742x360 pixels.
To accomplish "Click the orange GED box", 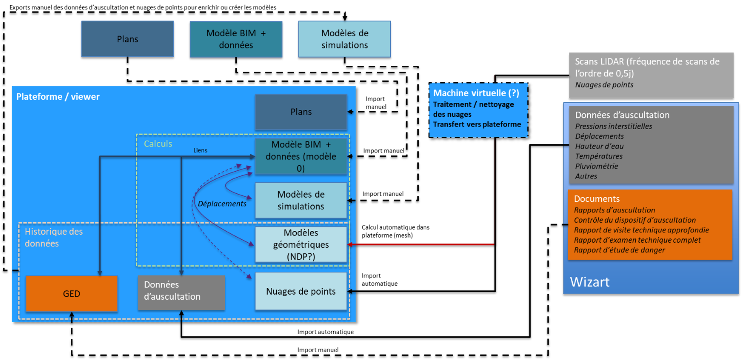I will click(72, 294).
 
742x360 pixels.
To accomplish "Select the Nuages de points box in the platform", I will click(301, 291).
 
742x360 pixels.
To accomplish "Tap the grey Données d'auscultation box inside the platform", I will click(181, 292).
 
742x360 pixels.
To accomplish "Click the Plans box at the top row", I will click(128, 39).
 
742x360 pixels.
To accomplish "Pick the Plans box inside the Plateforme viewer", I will click(301, 112).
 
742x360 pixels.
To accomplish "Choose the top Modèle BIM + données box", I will click(236, 39).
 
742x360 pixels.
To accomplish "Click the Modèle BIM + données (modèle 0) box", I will click(301, 156).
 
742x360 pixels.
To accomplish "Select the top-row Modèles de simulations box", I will click(344, 39).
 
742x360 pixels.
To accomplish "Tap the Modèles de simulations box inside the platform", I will click(301, 200).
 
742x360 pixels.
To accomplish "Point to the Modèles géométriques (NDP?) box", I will click(301, 245).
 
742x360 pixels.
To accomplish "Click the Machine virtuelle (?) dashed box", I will click(478, 110).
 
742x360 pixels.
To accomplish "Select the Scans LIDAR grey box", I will click(651, 75).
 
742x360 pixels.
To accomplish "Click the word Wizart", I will click(590, 282).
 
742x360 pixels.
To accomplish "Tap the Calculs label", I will click(158, 144).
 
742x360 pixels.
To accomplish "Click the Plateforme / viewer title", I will click(58, 97).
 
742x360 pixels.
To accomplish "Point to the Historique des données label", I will click(54, 237).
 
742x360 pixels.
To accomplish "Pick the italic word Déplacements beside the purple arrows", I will click(222, 204).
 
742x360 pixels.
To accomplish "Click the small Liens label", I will click(200, 150).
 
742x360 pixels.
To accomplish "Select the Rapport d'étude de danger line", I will click(619, 250).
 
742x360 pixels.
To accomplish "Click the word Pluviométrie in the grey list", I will click(596, 166).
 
